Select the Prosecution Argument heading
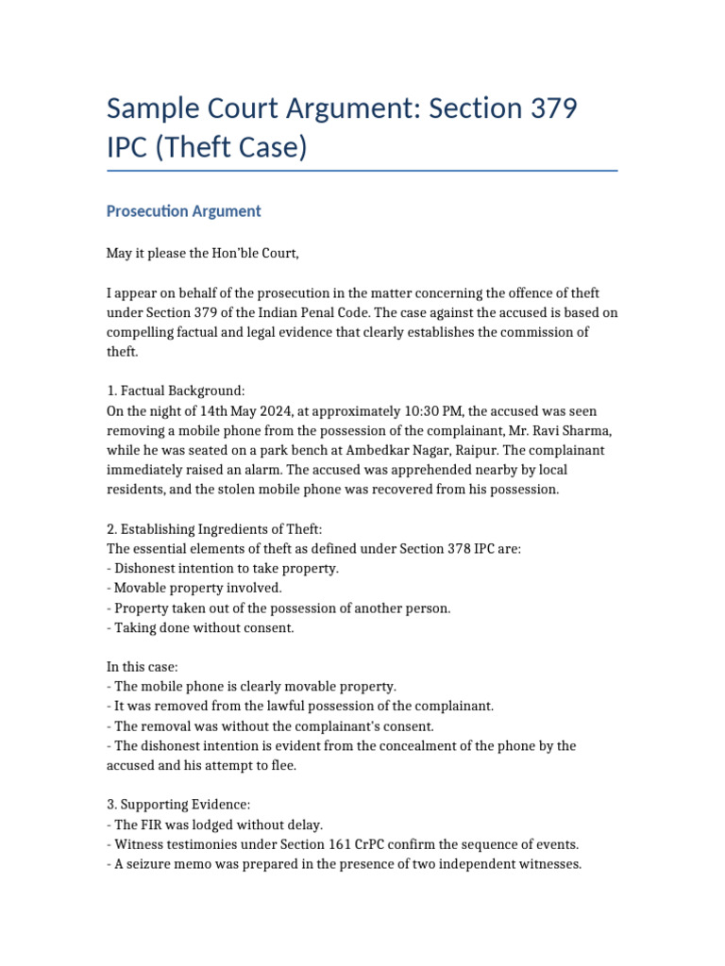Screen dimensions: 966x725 (x=183, y=211)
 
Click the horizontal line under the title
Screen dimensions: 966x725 (x=362, y=172)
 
